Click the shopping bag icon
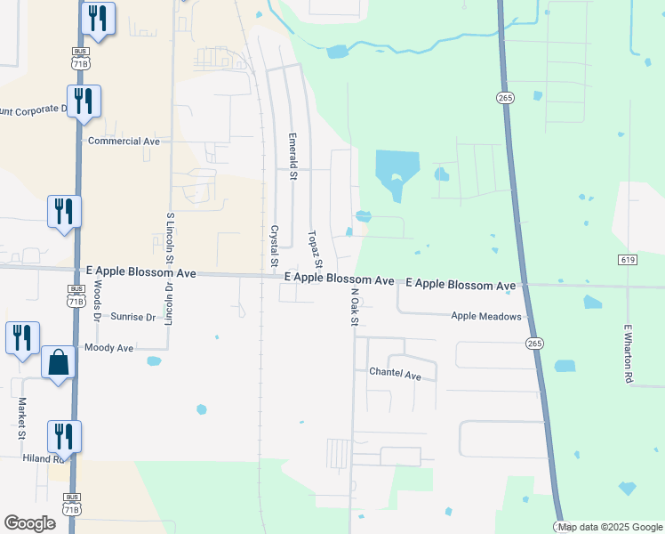coord(58,363)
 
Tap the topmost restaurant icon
coord(97,19)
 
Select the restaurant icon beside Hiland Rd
coord(64,436)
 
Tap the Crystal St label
coord(274,245)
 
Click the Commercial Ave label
coord(124,141)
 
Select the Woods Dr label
coord(97,299)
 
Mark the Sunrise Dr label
coord(133,317)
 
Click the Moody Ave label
coord(108,348)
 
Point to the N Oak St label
coord(354,306)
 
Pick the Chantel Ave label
coord(395,375)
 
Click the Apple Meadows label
coord(485,316)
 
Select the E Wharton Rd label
coord(628,353)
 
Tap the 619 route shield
coord(627,259)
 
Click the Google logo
coord(31,523)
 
